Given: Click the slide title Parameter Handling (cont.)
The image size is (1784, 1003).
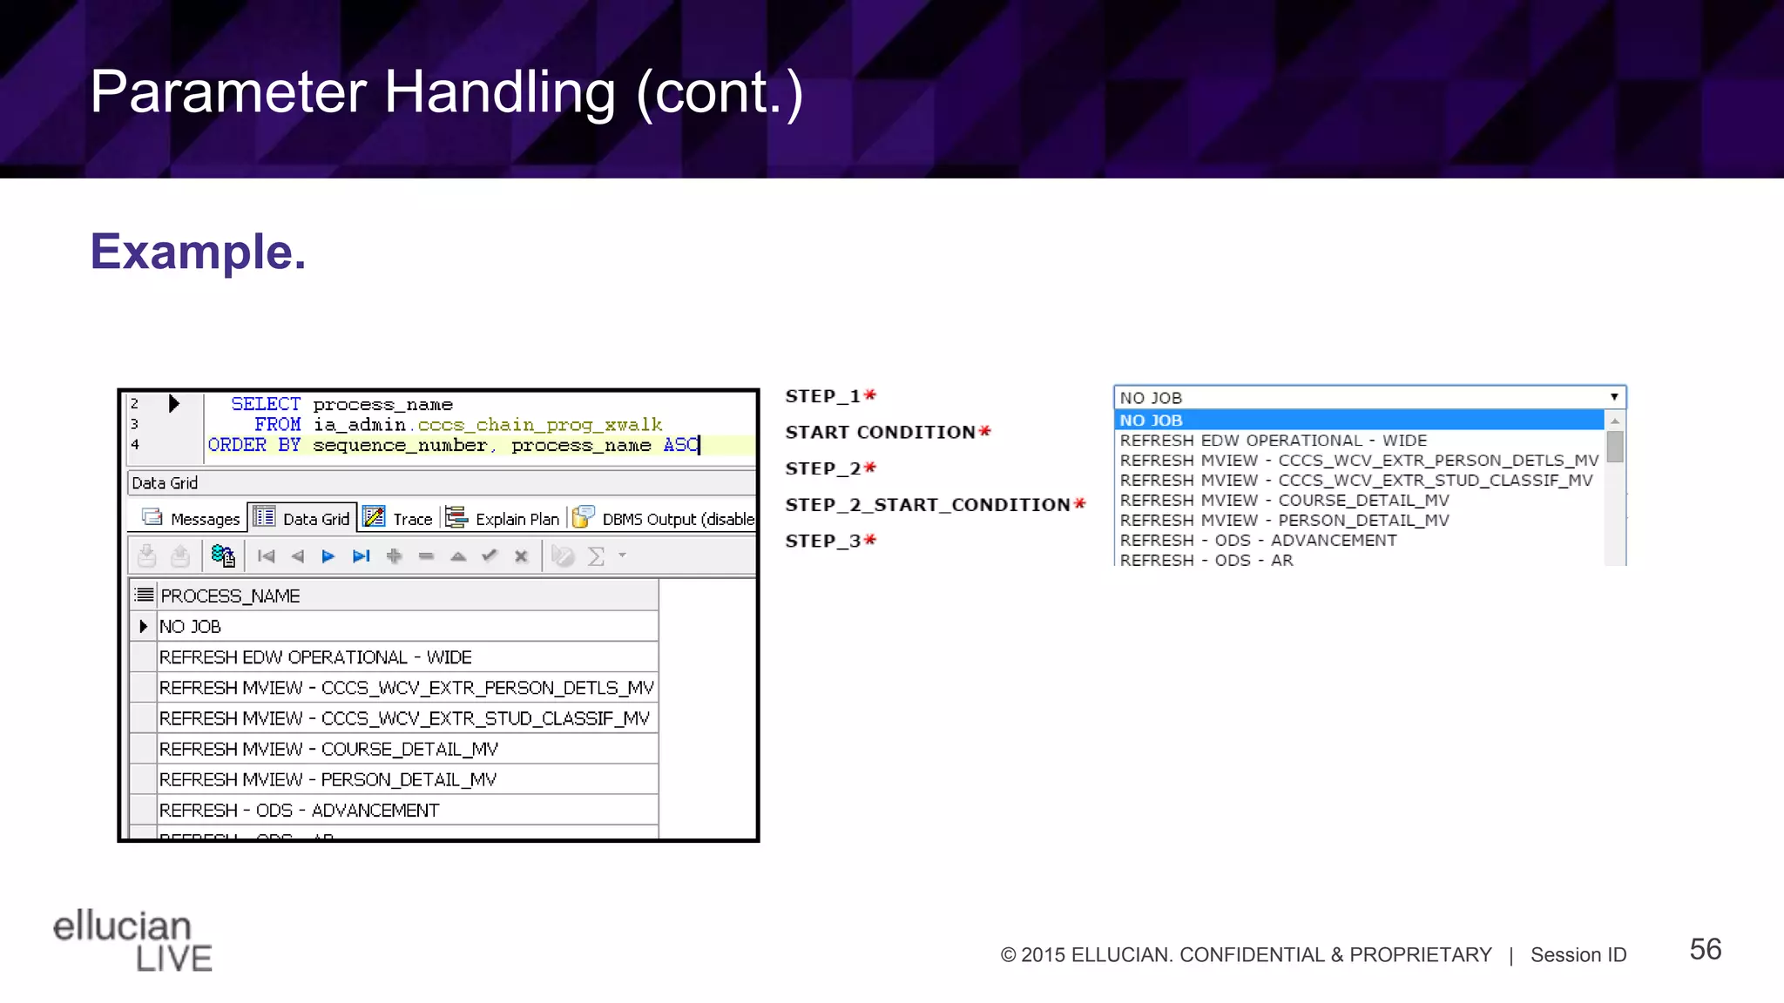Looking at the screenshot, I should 446,92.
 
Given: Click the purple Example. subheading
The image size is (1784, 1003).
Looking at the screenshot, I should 198,252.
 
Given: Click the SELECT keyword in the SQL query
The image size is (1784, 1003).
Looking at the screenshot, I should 265,404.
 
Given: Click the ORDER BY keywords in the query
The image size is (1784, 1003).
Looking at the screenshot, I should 253,445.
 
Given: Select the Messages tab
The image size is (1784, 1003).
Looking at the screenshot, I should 192,519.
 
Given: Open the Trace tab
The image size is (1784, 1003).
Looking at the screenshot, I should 399,519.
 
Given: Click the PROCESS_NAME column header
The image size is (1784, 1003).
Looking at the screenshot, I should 230,596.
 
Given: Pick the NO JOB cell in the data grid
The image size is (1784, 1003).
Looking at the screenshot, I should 190,627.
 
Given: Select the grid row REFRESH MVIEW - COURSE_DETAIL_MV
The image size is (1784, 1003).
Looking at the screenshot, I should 328,750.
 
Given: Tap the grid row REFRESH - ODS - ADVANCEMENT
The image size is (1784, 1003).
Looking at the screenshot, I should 299,811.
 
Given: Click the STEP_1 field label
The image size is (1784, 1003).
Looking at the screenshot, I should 822,396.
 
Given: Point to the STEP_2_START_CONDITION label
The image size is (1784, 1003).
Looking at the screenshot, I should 928,505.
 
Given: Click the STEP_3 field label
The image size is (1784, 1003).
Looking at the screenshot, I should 822,541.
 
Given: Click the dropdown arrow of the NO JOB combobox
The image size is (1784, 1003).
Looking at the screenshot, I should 1614,397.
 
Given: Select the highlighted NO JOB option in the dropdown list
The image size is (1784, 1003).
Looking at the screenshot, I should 1151,421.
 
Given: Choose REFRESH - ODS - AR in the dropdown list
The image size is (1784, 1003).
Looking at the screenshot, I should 1206,560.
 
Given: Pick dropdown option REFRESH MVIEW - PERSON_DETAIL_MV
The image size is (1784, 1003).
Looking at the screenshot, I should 1284,521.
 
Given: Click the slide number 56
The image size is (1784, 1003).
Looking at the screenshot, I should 1705,949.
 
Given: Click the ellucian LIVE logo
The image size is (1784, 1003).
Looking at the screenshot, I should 132,940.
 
